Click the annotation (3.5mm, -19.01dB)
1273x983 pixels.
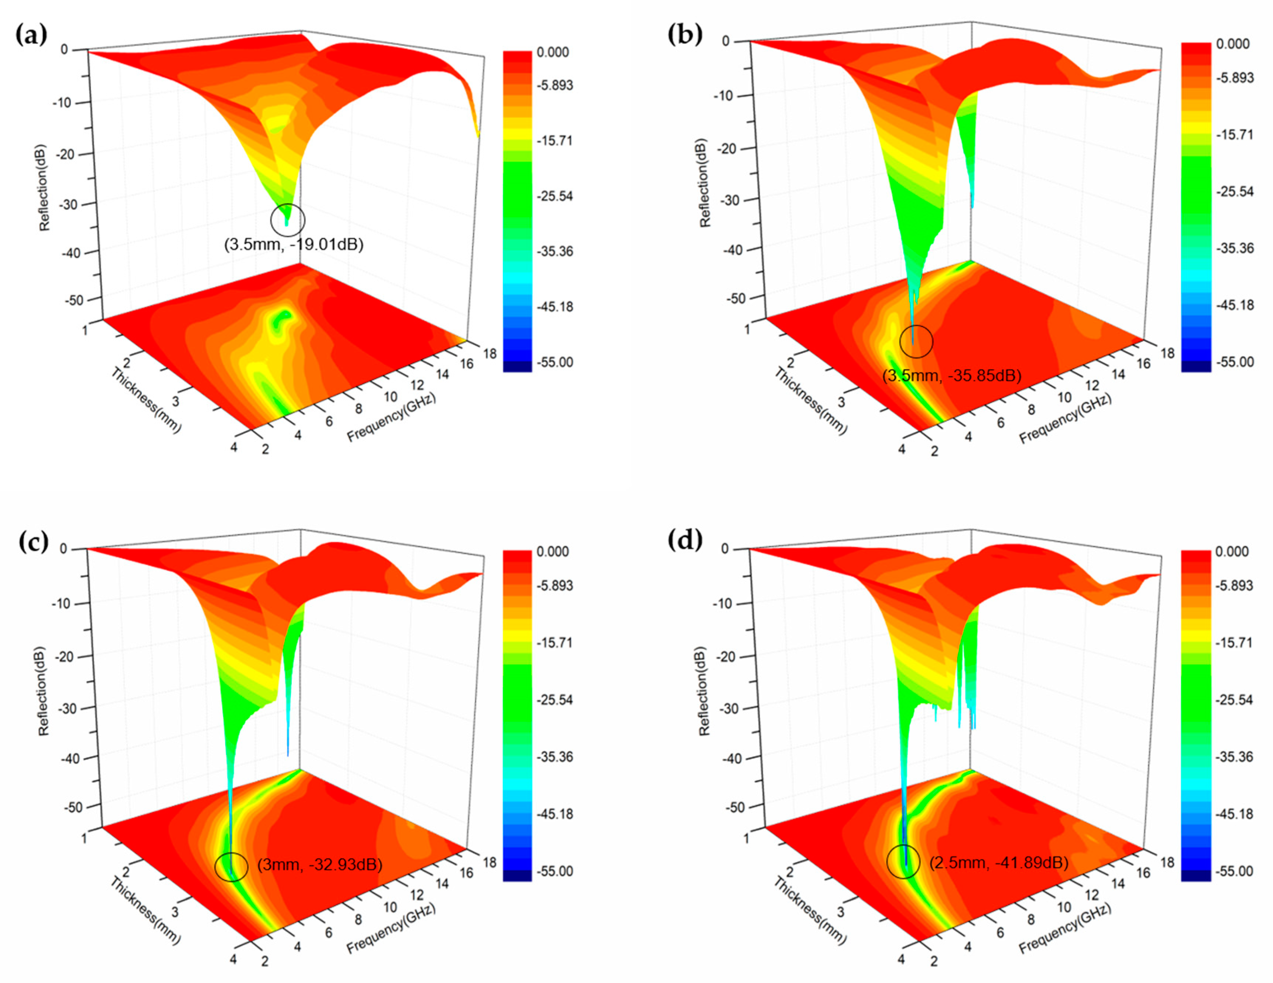coord(294,244)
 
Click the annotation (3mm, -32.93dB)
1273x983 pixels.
coord(319,864)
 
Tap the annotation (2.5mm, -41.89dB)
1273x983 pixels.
coord(998,862)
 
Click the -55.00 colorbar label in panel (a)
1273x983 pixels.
coord(554,362)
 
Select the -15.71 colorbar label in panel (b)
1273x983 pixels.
coord(1234,135)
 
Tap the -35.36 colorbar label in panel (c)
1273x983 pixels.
coord(554,757)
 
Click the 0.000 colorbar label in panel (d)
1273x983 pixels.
coord(1232,552)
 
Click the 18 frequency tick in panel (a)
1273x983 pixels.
coord(489,353)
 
